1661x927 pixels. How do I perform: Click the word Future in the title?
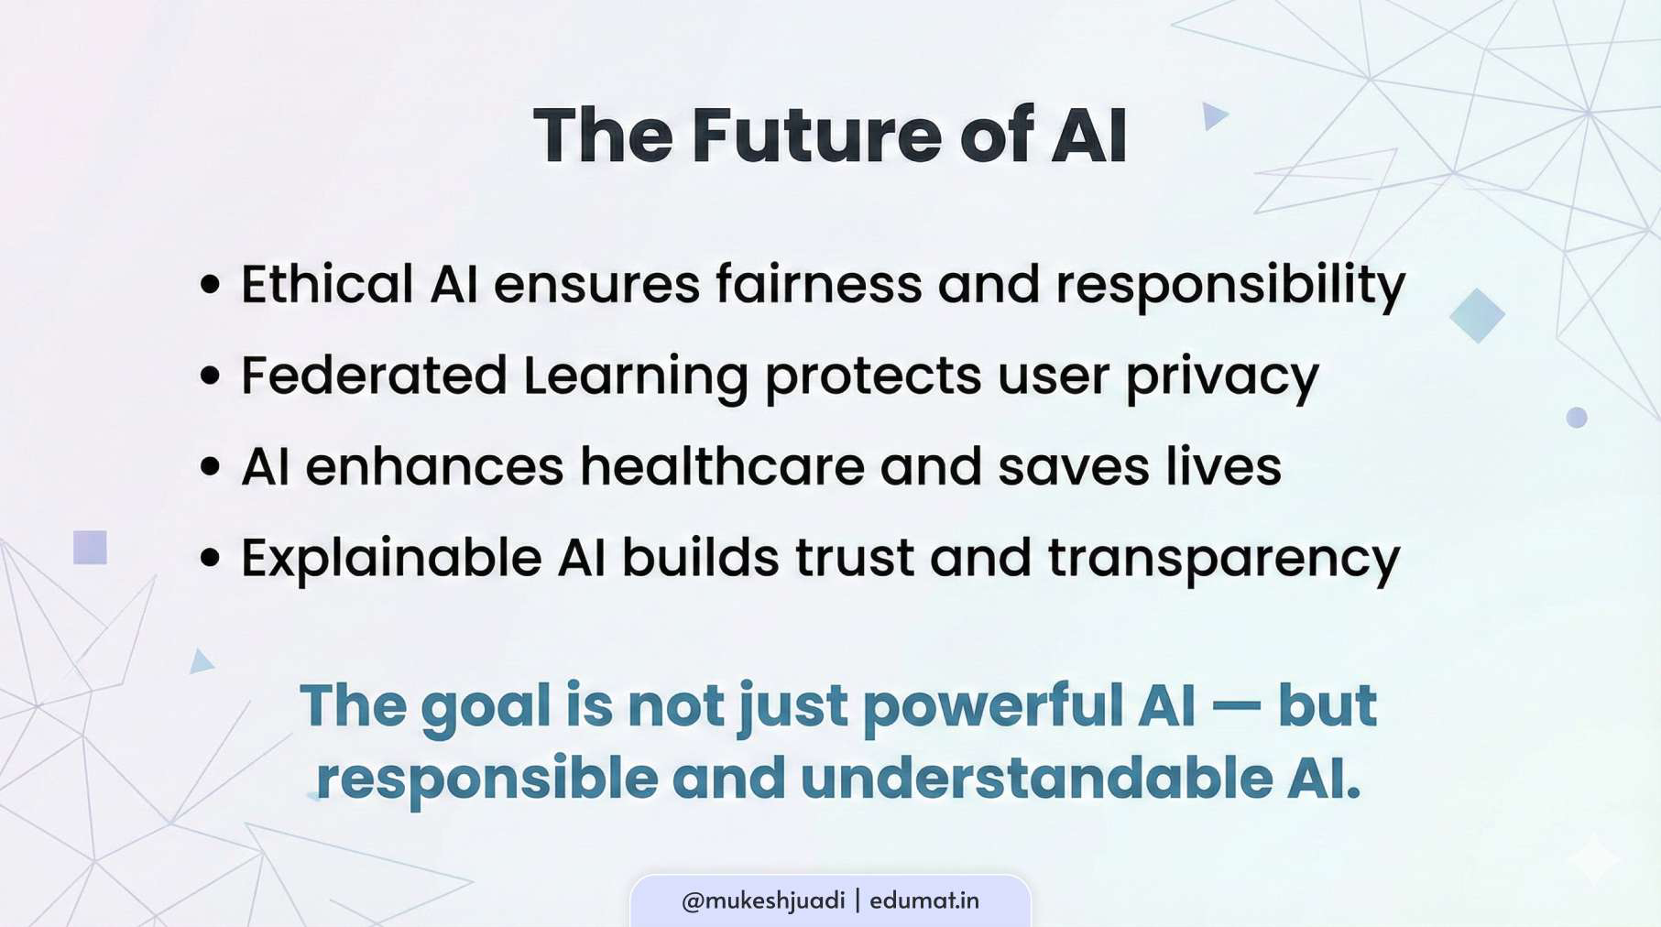(816, 136)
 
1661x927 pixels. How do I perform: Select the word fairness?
(818, 284)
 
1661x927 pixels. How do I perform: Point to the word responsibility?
(1229, 286)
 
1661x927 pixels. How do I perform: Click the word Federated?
(374, 376)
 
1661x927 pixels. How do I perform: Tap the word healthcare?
(722, 466)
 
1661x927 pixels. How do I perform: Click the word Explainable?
(391, 559)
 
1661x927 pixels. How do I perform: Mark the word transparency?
(1223, 559)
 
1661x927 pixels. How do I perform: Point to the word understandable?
(1036, 779)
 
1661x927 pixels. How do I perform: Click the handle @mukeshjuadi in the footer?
(763, 901)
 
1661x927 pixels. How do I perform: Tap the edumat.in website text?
(923, 901)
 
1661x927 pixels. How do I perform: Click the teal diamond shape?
(1477, 315)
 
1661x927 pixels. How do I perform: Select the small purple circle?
(1576, 418)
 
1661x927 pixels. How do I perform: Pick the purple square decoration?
(90, 548)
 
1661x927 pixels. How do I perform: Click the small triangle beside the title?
(1213, 116)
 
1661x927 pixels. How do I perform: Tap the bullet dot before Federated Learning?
(211, 376)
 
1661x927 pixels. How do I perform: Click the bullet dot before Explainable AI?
(211, 558)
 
